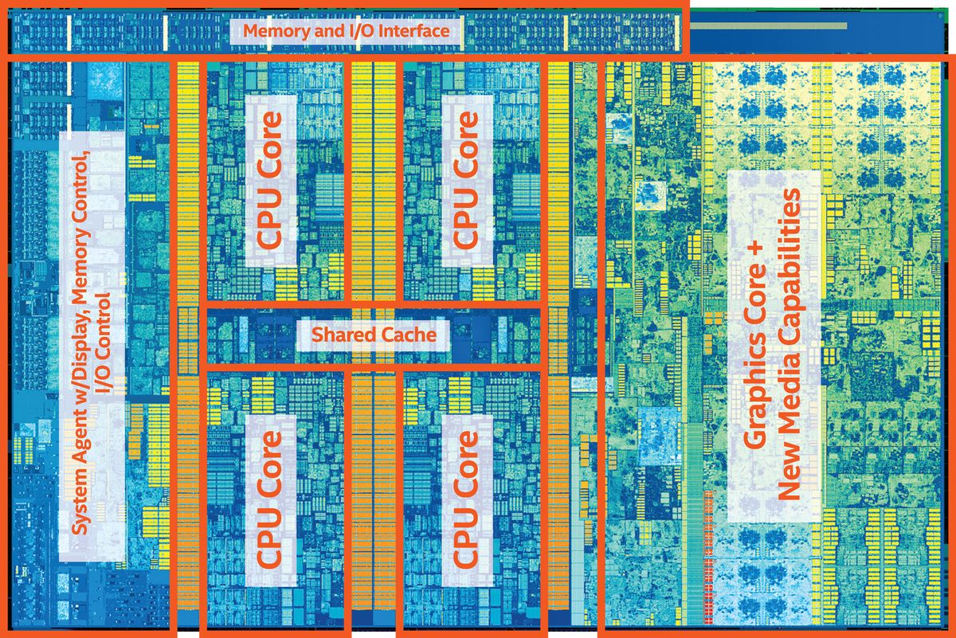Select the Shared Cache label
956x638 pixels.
click(x=374, y=335)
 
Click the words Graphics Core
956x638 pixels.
click(x=754, y=366)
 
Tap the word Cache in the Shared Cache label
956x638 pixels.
click(x=409, y=335)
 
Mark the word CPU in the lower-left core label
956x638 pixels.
click(x=270, y=542)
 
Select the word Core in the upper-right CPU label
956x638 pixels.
click(x=466, y=143)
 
